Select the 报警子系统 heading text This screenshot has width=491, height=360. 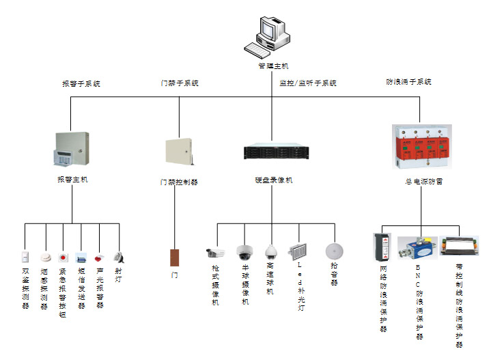81,84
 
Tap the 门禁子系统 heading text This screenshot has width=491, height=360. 180,83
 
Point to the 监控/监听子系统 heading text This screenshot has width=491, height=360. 308,83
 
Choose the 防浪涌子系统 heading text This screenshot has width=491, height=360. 409,82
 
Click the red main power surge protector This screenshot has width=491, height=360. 419,146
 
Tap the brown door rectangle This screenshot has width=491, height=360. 174,258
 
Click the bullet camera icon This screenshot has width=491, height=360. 215,252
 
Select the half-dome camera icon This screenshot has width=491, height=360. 244,252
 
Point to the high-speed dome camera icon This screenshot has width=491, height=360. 271,251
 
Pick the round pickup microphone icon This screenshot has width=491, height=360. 333,250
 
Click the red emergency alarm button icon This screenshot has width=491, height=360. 63,258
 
